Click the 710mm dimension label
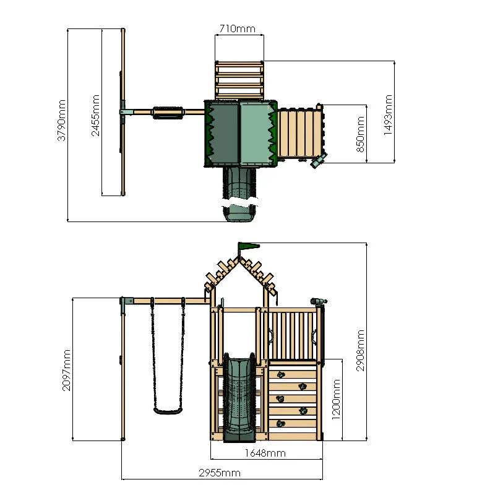point(238,28)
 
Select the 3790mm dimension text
point(61,121)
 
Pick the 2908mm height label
point(361,350)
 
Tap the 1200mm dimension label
point(336,399)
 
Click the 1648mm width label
point(265,453)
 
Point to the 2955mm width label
point(219,473)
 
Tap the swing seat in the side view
point(167,409)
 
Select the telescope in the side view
point(317,302)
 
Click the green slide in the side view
point(239,396)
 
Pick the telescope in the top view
point(318,161)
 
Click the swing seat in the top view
point(168,112)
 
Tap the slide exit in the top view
point(239,213)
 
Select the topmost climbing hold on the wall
point(280,374)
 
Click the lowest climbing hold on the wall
point(280,423)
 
